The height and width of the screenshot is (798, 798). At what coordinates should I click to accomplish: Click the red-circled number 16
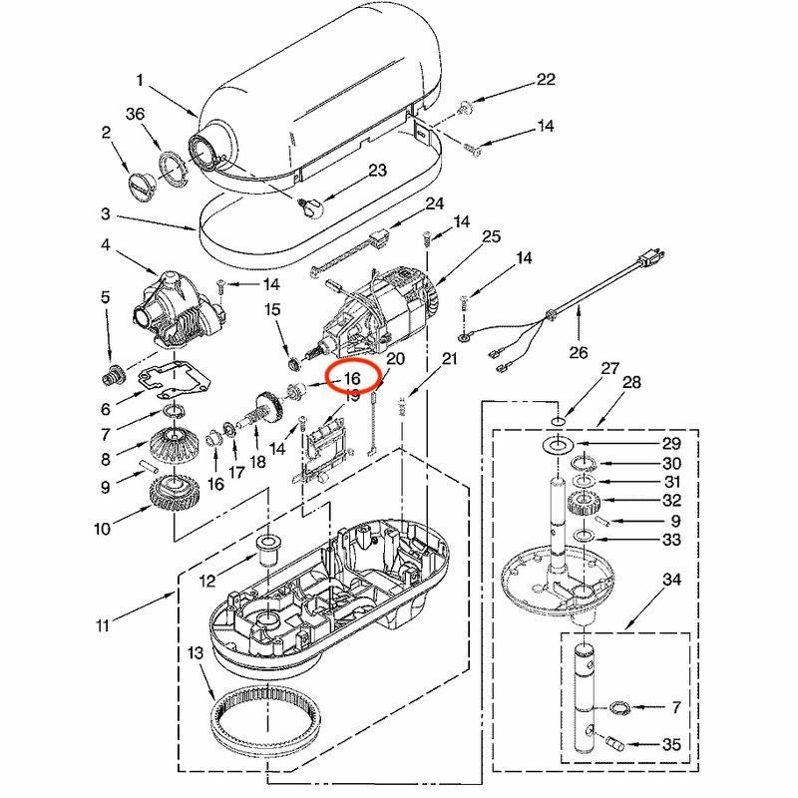click(352, 379)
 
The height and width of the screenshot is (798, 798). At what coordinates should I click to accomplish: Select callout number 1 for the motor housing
click(141, 79)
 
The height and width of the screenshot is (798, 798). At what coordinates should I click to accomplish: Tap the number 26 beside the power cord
click(579, 351)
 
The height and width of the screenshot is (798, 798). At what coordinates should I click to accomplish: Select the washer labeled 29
click(559, 441)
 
